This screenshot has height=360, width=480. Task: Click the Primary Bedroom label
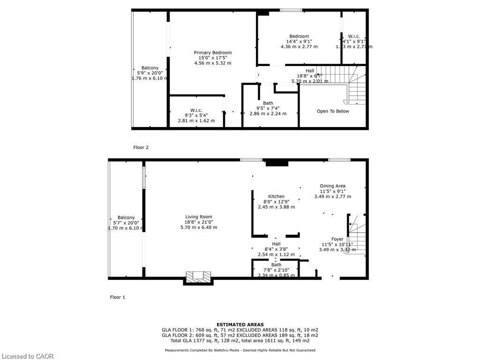tap(213, 52)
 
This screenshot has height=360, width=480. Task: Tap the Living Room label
tap(199, 217)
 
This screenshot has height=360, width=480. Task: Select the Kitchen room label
tap(276, 196)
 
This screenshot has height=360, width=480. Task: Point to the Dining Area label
tap(332, 186)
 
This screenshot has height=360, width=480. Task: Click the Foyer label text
tap(337, 239)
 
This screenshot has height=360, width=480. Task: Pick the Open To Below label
tap(333, 111)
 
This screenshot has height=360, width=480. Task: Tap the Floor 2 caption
tap(141, 147)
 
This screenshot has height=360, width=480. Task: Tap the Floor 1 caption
tap(117, 297)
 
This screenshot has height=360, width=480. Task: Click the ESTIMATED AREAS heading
tap(240, 324)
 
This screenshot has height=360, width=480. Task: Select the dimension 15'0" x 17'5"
tap(213, 58)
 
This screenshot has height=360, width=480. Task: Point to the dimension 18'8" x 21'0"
tap(199, 222)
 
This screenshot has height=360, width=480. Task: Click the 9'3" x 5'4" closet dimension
tap(196, 115)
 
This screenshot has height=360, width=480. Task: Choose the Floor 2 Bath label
tap(268, 103)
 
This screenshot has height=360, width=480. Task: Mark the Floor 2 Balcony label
tap(150, 68)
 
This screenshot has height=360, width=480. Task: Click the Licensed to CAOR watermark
tap(27, 356)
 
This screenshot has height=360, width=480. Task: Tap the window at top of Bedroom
tap(291, 10)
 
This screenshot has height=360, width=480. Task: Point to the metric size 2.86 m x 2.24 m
tap(268, 113)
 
